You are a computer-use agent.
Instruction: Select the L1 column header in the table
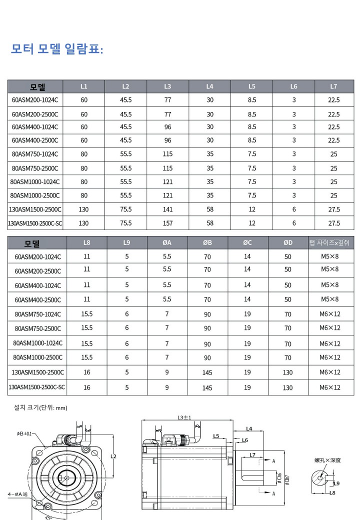click(84, 86)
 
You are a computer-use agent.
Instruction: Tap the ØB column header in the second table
click(207, 243)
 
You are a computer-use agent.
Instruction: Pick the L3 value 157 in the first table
click(168, 223)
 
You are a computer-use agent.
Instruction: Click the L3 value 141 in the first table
click(168, 209)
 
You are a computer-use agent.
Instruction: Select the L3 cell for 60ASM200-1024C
click(168, 100)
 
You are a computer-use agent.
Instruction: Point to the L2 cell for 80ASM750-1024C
click(126, 154)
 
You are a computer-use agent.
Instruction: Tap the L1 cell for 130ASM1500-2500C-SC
click(84, 223)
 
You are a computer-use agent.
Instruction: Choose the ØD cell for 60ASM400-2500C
click(288, 299)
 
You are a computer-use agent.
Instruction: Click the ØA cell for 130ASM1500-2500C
click(167, 372)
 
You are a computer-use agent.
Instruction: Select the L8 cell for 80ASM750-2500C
click(87, 328)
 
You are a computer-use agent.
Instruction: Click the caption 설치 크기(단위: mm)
click(40, 407)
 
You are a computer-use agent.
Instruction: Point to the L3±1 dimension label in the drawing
click(184, 417)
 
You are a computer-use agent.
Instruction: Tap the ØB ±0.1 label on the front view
click(24, 433)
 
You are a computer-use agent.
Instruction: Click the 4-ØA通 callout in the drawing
click(18, 494)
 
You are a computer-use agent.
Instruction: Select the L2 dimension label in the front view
click(113, 456)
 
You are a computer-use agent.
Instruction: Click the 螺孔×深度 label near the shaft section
click(327, 460)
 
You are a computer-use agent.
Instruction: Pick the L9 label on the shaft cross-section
click(336, 483)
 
